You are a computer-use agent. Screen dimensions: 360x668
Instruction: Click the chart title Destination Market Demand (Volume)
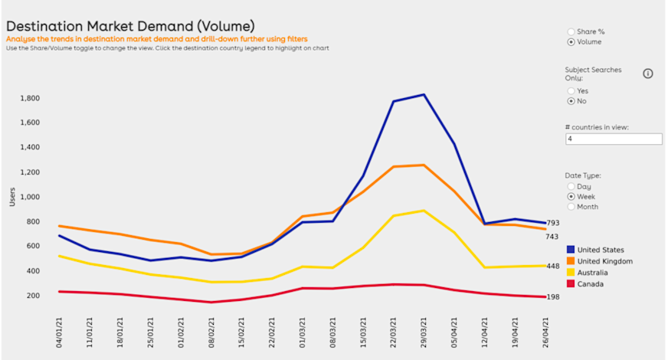click(x=131, y=26)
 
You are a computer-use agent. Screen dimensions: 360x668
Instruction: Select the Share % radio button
click(x=571, y=31)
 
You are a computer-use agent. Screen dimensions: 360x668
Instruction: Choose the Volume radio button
click(x=571, y=42)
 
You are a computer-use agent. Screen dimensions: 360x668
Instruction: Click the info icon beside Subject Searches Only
click(x=648, y=74)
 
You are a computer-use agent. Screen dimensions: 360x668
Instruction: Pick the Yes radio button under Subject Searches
click(x=571, y=90)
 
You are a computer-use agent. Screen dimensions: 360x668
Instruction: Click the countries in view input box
click(x=614, y=139)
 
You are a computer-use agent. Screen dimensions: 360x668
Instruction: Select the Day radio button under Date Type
click(x=571, y=186)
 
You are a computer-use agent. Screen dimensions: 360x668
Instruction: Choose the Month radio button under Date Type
click(x=571, y=207)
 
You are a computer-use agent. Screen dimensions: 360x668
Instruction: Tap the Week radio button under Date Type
click(x=571, y=196)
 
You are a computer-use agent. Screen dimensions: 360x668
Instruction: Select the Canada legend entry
click(x=591, y=284)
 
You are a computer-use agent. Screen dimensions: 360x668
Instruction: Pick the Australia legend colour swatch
click(x=571, y=273)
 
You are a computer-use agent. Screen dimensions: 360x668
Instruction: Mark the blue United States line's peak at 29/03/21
click(x=424, y=94)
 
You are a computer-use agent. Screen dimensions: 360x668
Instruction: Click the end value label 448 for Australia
click(x=553, y=267)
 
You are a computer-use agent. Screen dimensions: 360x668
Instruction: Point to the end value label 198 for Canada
click(x=553, y=297)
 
